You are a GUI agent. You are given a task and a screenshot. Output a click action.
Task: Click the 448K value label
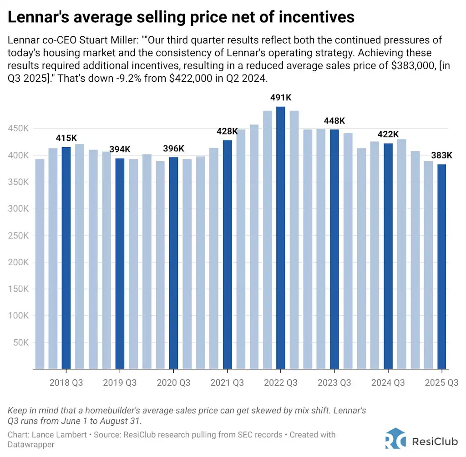[x=334, y=121]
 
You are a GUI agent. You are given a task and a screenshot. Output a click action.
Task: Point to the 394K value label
[x=120, y=149]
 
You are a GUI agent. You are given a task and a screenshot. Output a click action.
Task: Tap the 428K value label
[x=228, y=131]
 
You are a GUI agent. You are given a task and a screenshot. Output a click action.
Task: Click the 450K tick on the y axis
[x=20, y=129]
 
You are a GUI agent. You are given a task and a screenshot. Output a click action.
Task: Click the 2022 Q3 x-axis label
[x=281, y=382]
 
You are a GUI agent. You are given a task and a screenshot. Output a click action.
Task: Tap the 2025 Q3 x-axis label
[x=441, y=382]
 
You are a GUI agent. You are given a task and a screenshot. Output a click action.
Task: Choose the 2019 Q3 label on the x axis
[x=120, y=382]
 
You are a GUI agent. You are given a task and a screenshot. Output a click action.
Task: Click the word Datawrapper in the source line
[x=31, y=444]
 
